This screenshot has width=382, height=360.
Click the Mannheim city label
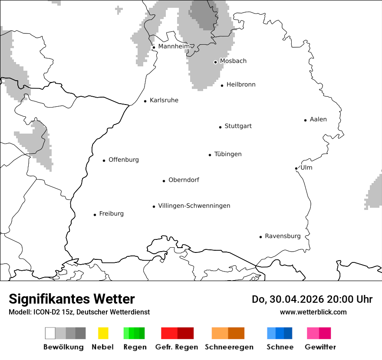174,46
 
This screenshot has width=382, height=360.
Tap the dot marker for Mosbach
215,62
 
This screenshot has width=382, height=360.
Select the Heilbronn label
241,85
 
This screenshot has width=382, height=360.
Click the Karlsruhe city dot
145,101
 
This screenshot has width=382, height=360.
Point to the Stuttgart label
238,126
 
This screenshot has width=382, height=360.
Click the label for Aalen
318,119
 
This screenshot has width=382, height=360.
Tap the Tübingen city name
228,154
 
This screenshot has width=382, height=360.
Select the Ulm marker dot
296,168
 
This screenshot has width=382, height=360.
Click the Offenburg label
124,160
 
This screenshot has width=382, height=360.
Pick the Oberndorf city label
184,180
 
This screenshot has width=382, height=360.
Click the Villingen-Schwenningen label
194,206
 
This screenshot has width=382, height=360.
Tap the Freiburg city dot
95,215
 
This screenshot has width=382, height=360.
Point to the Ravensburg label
283,236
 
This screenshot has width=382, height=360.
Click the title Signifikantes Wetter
72,299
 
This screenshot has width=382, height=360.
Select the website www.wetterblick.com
313,312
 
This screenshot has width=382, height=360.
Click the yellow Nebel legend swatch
103,333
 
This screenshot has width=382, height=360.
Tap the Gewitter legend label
320,347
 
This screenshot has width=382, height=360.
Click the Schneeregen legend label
229,347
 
